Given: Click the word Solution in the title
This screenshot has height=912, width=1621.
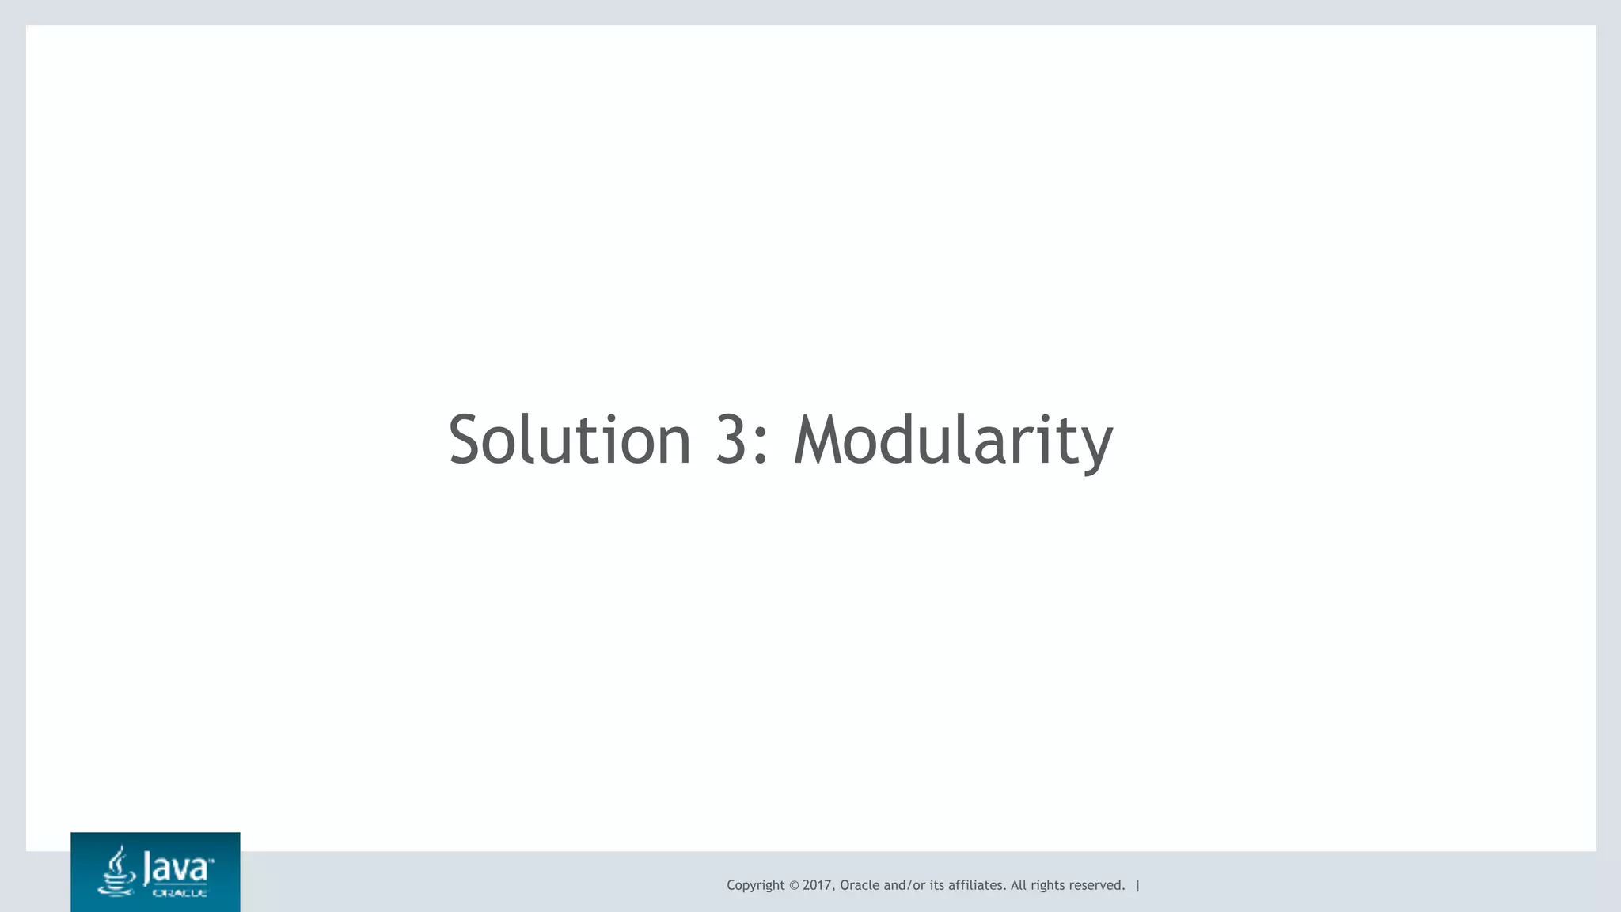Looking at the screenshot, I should point(569,439).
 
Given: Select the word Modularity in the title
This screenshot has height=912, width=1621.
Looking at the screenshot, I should point(953,441).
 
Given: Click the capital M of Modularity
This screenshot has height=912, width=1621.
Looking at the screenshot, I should point(816,439).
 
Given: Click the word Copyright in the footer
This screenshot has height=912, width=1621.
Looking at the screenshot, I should point(755,885).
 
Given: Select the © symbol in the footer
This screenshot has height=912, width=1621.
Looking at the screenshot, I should point(794,885).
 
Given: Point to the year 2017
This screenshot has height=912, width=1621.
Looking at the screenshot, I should point(817,885).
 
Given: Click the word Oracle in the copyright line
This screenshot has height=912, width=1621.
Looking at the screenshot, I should point(860,885).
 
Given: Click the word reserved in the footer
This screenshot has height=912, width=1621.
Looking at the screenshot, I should point(1096,885).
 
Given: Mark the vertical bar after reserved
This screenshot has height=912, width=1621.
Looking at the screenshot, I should point(1138,885).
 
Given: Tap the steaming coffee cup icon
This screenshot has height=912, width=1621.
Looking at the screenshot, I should point(116,872).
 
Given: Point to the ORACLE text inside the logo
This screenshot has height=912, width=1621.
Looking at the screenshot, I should point(180,893).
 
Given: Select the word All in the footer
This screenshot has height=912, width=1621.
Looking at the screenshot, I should point(1019,885).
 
